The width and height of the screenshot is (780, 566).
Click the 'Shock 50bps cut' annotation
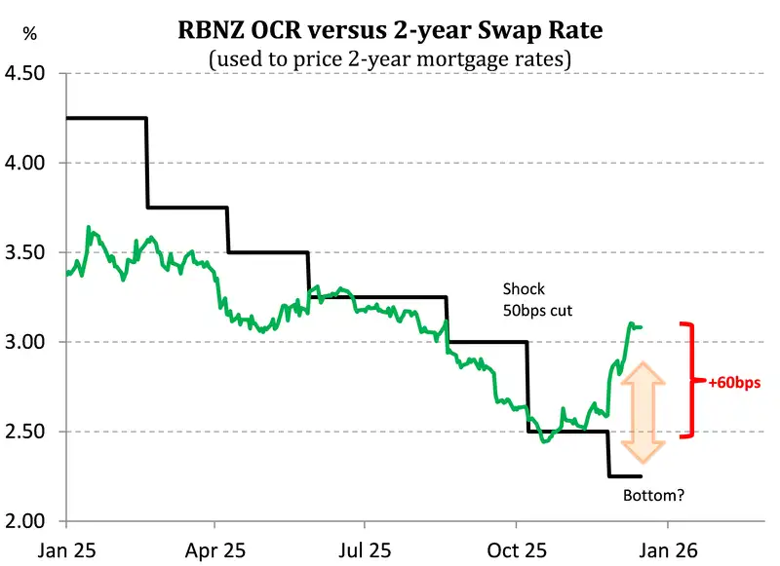536,299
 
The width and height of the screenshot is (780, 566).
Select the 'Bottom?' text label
653,496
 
